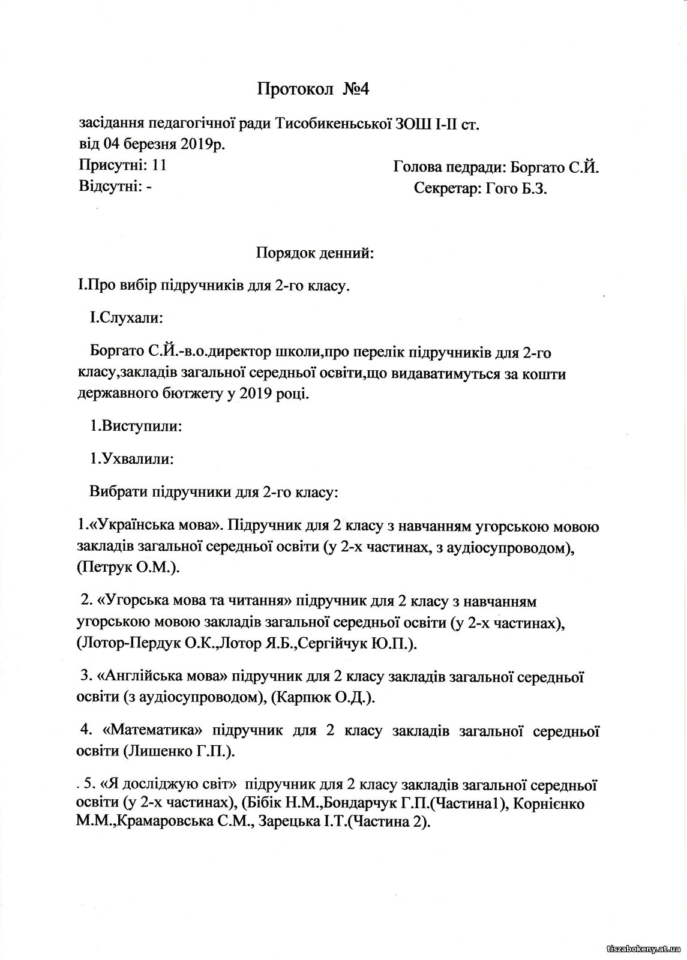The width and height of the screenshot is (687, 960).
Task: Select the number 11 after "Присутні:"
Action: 159,165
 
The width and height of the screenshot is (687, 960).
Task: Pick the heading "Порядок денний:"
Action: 314,253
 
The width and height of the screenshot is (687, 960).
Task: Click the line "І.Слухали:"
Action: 125,317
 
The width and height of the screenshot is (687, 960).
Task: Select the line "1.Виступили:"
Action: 136,427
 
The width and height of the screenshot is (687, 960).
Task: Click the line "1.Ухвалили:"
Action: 131,460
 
